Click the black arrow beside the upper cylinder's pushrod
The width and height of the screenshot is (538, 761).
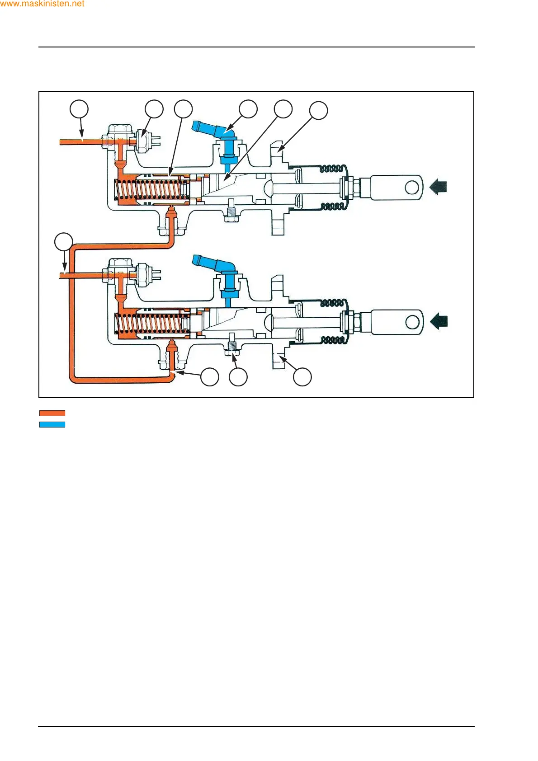[x=438, y=187]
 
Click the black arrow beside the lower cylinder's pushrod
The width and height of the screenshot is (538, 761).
[x=438, y=321]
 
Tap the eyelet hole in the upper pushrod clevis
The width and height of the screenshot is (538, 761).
[x=412, y=187]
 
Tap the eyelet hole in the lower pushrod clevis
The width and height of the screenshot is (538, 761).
[x=412, y=322]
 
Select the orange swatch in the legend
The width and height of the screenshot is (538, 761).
[x=52, y=413]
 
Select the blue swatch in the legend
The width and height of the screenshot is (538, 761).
[x=52, y=424]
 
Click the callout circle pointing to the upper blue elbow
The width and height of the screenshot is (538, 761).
[x=248, y=109]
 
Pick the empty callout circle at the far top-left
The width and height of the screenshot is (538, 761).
[x=79, y=109]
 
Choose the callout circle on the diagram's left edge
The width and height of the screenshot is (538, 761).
[x=64, y=242]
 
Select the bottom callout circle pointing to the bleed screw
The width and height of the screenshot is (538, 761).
[x=238, y=377]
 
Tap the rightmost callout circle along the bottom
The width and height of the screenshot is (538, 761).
[x=302, y=377]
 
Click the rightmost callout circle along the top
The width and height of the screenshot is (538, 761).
[x=318, y=110]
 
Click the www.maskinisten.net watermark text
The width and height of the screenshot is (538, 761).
[x=42, y=4]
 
